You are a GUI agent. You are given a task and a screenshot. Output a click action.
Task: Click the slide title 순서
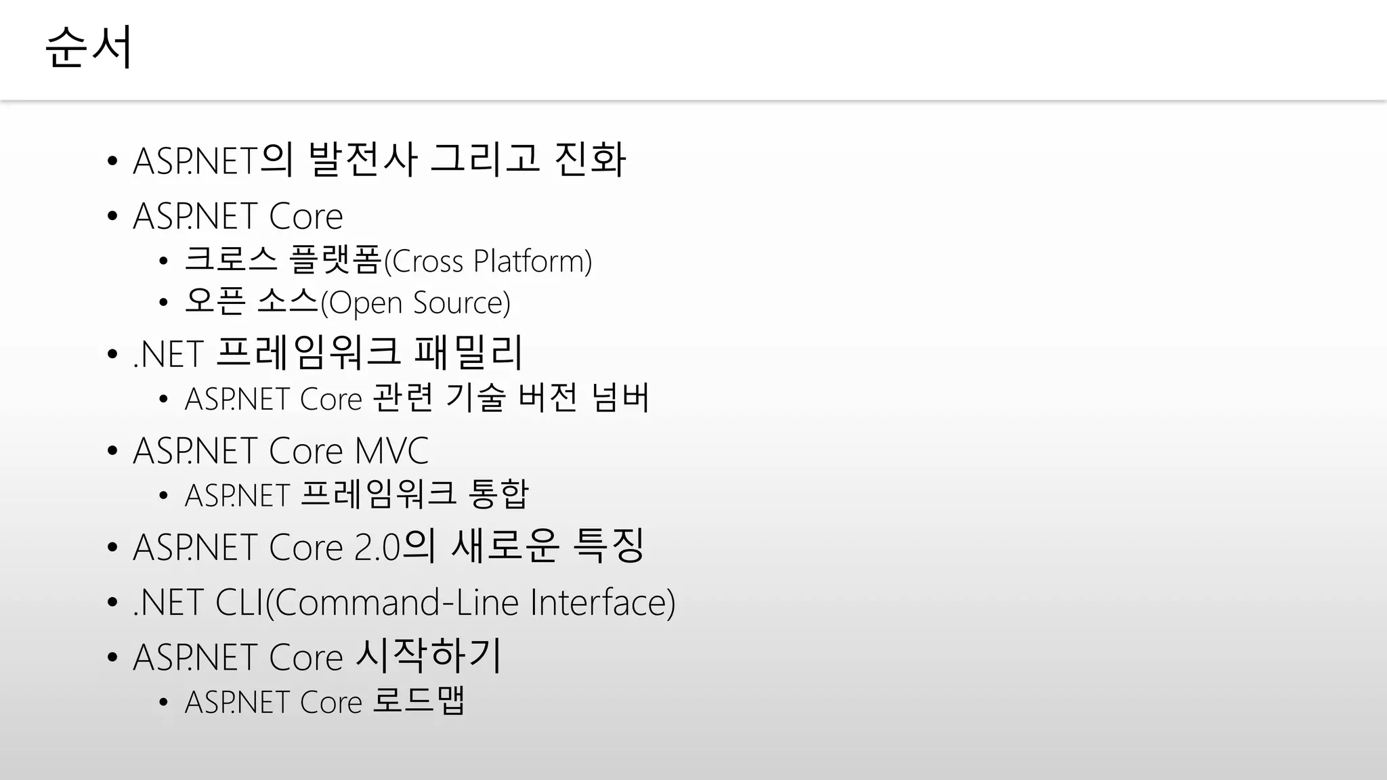click(x=89, y=47)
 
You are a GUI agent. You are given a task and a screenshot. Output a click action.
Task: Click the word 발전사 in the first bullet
click(x=362, y=160)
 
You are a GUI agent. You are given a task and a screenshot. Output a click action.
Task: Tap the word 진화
click(x=590, y=160)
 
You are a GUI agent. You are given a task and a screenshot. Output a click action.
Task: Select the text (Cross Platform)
click(x=488, y=261)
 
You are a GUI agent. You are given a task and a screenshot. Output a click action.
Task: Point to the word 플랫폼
click(x=335, y=260)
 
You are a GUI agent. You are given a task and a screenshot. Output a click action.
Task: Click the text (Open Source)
click(x=415, y=303)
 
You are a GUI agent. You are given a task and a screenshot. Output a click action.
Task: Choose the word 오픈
click(x=215, y=302)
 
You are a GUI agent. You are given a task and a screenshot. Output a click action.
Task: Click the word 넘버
click(x=620, y=398)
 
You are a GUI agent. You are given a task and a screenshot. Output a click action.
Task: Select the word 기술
click(x=475, y=398)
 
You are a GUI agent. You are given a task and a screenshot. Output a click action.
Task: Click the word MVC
click(x=391, y=451)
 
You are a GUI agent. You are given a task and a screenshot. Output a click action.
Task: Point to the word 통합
click(x=498, y=494)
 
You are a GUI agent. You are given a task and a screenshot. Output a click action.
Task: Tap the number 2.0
click(x=377, y=547)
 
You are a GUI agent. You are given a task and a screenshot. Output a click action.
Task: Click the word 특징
click(x=608, y=546)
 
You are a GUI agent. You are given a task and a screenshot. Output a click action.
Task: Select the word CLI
click(x=238, y=602)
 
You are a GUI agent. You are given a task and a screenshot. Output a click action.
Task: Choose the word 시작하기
click(x=428, y=656)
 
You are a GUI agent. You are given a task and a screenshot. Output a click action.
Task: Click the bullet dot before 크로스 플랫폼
click(x=163, y=262)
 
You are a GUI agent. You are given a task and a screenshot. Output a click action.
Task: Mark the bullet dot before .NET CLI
click(x=112, y=603)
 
